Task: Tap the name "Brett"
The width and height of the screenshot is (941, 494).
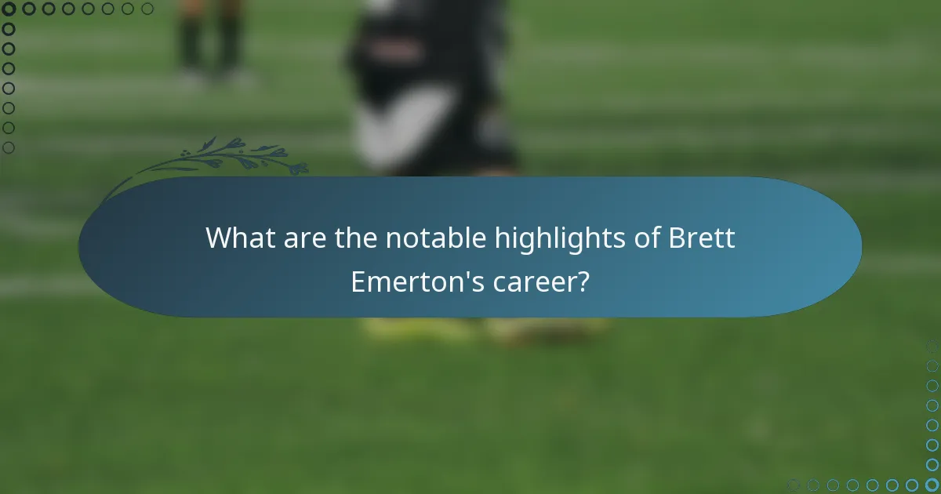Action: pyautogui.click(x=702, y=238)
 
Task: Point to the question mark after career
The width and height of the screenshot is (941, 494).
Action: pyautogui.click(x=583, y=282)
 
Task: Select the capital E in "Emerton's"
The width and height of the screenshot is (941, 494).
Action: pyautogui.click(x=358, y=282)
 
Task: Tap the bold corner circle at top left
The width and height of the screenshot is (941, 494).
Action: pyautogui.click(x=9, y=9)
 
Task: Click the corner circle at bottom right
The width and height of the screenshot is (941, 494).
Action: pyautogui.click(x=932, y=485)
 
